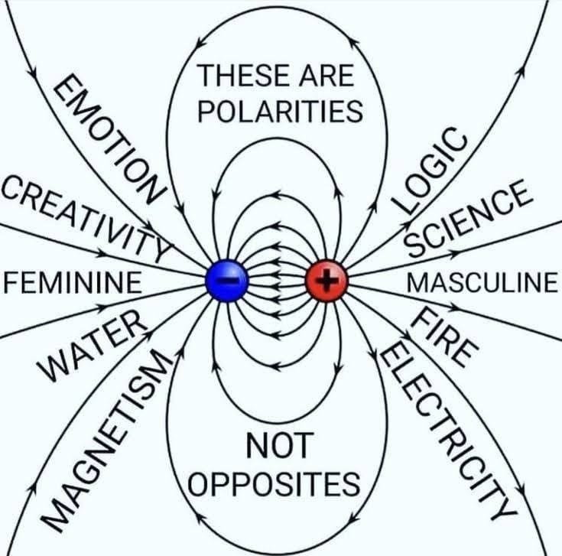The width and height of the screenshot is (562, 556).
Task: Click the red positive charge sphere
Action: [x=327, y=281]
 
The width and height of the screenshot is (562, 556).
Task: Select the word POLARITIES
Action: [x=280, y=112]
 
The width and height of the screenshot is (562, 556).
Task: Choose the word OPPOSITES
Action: [x=275, y=483]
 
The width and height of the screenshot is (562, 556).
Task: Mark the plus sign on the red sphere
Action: [x=327, y=281]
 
